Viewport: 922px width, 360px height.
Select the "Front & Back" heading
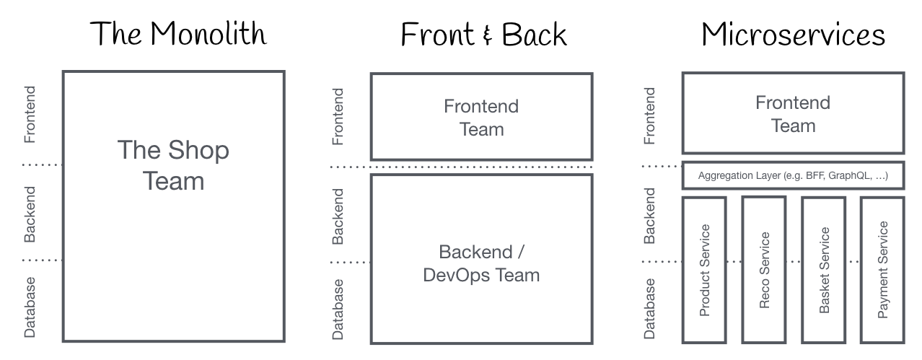(483, 34)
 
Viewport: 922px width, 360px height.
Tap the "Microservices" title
(793, 34)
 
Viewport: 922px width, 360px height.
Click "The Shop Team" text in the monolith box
(173, 165)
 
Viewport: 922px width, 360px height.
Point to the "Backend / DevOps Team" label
(481, 263)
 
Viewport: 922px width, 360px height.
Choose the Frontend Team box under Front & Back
(481, 118)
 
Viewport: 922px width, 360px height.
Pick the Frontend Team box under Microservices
(793, 114)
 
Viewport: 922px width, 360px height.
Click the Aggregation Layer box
(793, 176)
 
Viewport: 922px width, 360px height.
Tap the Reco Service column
(764, 270)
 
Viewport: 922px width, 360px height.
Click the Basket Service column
(824, 270)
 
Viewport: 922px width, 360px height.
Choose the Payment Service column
(882, 270)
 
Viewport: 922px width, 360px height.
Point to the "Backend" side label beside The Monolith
(30, 214)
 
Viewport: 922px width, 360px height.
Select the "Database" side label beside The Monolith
(30, 307)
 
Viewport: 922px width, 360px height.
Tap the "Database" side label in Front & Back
(338, 309)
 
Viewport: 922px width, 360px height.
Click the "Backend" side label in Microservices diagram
(649, 215)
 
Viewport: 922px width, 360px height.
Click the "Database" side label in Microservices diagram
(649, 308)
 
